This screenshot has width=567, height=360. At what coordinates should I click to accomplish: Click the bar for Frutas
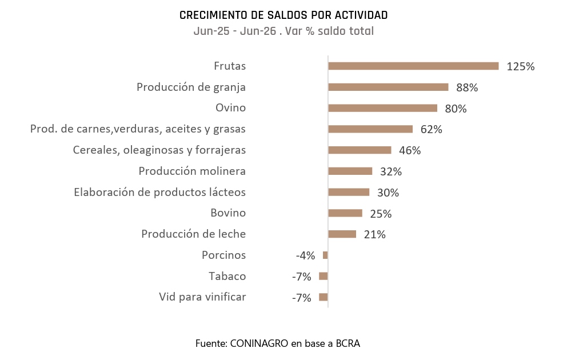(413, 66)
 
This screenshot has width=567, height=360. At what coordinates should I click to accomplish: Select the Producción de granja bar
(388, 87)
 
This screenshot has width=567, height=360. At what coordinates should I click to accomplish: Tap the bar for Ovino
(382, 108)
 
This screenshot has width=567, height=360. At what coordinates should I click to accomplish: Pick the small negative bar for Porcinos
(325, 255)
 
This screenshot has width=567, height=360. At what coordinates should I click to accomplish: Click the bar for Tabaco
(324, 276)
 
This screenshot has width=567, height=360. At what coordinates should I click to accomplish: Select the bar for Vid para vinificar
(324, 297)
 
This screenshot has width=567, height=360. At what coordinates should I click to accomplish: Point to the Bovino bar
(345, 213)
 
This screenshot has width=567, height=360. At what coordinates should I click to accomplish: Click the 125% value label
(520, 66)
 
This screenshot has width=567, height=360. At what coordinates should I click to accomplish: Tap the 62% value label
(431, 129)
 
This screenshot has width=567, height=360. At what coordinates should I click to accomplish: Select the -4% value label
(306, 255)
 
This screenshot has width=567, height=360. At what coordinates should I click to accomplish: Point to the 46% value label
(410, 150)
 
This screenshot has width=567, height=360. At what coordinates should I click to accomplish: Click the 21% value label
(374, 235)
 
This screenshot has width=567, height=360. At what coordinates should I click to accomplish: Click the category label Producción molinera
(192, 171)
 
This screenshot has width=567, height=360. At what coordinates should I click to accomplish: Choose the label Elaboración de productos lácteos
(160, 192)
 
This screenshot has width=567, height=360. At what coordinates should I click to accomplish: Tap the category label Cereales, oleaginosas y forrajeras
(159, 150)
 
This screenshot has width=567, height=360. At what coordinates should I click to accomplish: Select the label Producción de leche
(193, 234)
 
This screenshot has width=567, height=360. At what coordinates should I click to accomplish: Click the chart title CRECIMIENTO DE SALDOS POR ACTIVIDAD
(283, 15)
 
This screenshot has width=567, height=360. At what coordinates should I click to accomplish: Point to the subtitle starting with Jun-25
(283, 31)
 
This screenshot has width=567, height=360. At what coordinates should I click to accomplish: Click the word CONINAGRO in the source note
(259, 343)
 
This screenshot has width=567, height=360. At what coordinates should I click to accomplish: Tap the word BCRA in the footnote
(348, 343)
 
